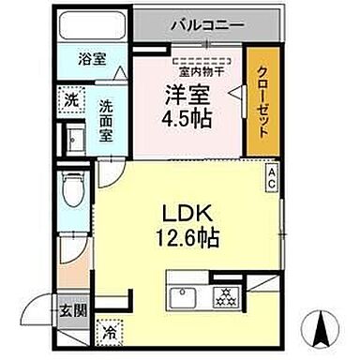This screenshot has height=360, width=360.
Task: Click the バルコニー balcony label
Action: pos(207,25)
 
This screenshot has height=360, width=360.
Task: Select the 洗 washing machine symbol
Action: pos(72,97)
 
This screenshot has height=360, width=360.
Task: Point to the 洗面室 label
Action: pos(109,113)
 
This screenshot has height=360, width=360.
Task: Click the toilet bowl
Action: pos(71,191)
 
